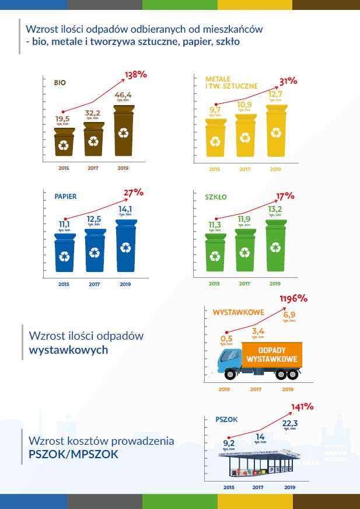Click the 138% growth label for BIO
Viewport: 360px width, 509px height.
tap(135, 75)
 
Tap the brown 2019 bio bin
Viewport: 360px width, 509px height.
tap(124, 134)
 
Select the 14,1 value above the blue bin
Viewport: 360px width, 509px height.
tap(125, 209)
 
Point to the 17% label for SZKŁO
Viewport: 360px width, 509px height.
tap(285, 196)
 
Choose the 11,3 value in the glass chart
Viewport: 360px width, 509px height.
tap(214, 225)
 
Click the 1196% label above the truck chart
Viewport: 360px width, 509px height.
tap(293, 299)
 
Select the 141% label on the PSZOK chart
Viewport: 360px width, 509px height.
tap(302, 407)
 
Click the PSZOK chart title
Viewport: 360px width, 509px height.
tap(226, 419)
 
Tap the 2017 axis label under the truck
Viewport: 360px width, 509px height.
tap(255, 389)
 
